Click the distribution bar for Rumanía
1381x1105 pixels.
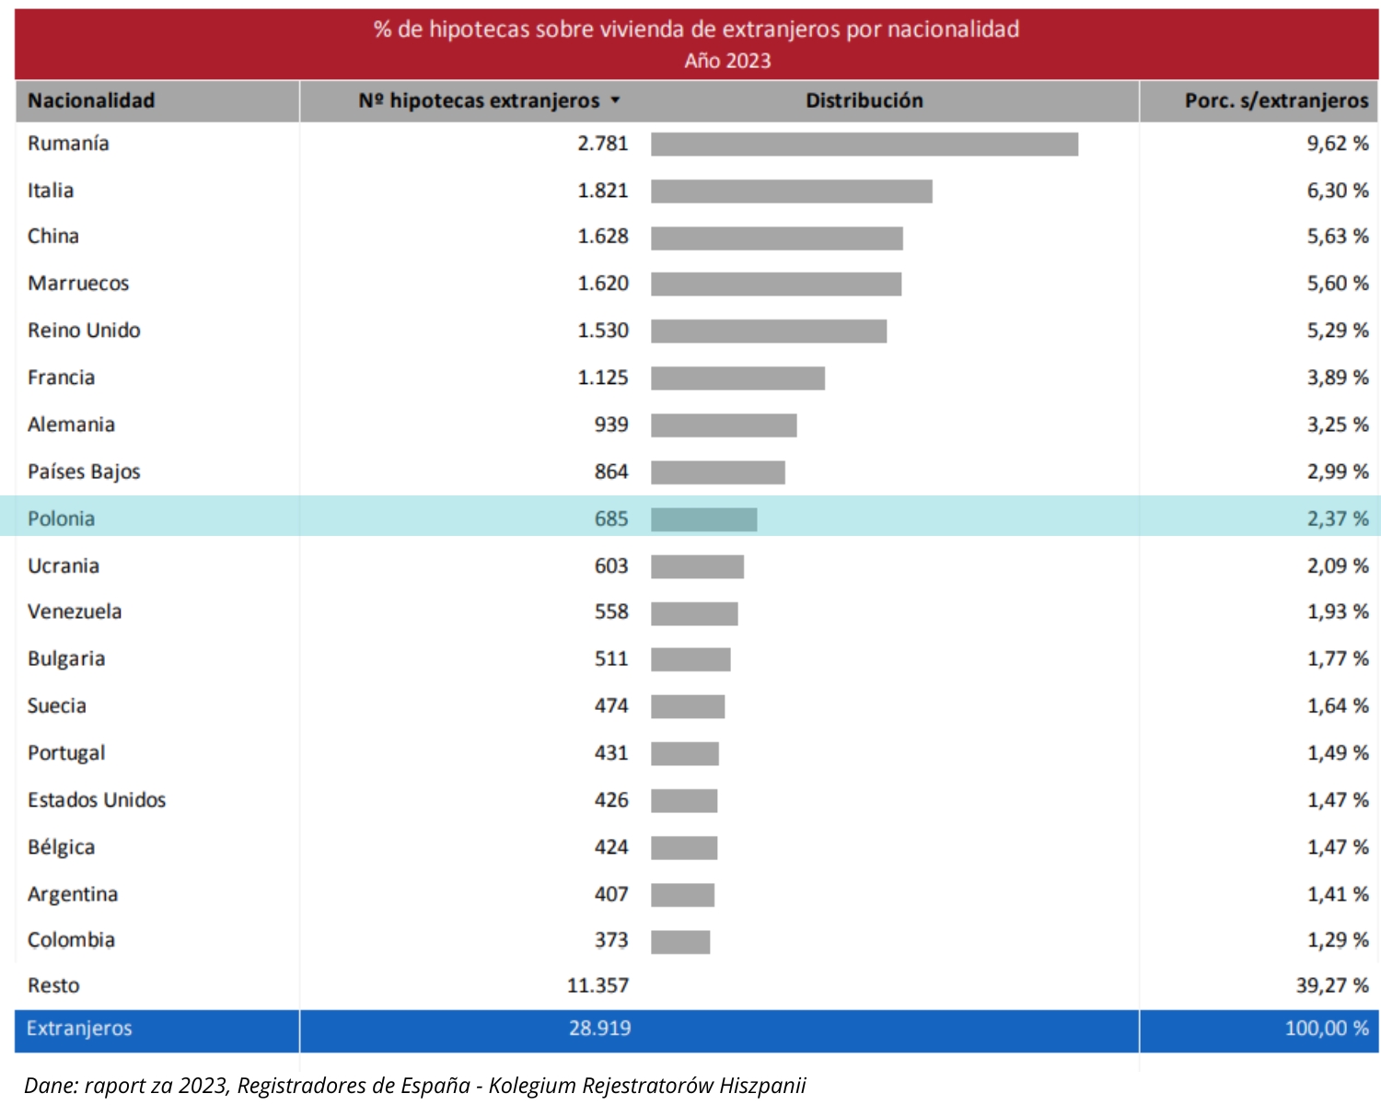pos(864,145)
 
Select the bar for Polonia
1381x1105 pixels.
pos(703,519)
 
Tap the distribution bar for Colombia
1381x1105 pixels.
pos(680,942)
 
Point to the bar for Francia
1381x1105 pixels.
pos(737,378)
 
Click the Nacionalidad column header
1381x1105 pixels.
pos(91,101)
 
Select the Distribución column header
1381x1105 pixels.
pos(864,101)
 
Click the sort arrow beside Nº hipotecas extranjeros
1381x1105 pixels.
pos(616,100)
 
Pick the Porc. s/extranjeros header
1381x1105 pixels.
pos(1276,101)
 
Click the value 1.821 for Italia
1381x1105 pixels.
pos(602,191)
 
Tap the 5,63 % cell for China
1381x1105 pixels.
pos(1337,237)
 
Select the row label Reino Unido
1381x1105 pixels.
pos(84,331)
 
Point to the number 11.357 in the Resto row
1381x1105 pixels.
pos(598,986)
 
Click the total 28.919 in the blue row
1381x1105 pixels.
pos(599,1029)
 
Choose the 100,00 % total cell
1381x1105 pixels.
pos(1326,1029)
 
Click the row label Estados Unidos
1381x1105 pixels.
pos(97,800)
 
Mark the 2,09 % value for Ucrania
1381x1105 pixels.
pos(1337,566)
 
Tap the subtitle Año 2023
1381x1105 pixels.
pos(727,61)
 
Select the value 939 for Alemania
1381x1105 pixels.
pos(610,425)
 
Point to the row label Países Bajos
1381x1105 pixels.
pos(84,472)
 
